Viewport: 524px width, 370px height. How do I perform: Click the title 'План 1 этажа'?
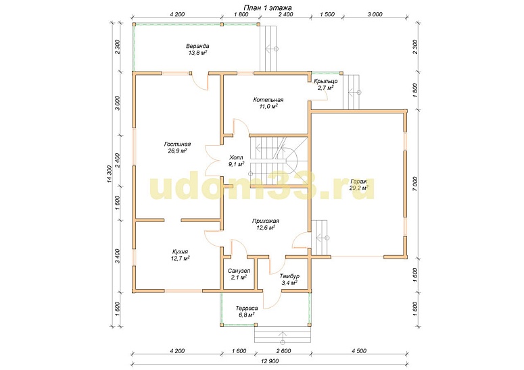(268, 7)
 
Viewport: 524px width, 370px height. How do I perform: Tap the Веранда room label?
(197, 46)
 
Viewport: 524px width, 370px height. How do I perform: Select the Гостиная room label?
(177, 144)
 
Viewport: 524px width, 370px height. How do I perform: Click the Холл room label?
(236, 157)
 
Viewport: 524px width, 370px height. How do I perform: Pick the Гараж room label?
(359, 182)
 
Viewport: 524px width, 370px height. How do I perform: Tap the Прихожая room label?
(265, 221)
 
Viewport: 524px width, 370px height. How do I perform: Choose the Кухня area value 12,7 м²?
(180, 258)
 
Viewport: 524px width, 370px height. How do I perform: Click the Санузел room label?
(239, 271)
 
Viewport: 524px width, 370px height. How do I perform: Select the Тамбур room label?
(289, 276)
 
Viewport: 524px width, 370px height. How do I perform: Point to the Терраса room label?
(246, 308)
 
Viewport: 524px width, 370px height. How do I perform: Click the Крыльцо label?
(325, 81)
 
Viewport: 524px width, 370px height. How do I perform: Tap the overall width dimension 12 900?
(270, 361)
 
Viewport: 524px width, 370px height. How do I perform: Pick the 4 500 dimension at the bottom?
(358, 351)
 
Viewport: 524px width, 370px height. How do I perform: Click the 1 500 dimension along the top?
(327, 15)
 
